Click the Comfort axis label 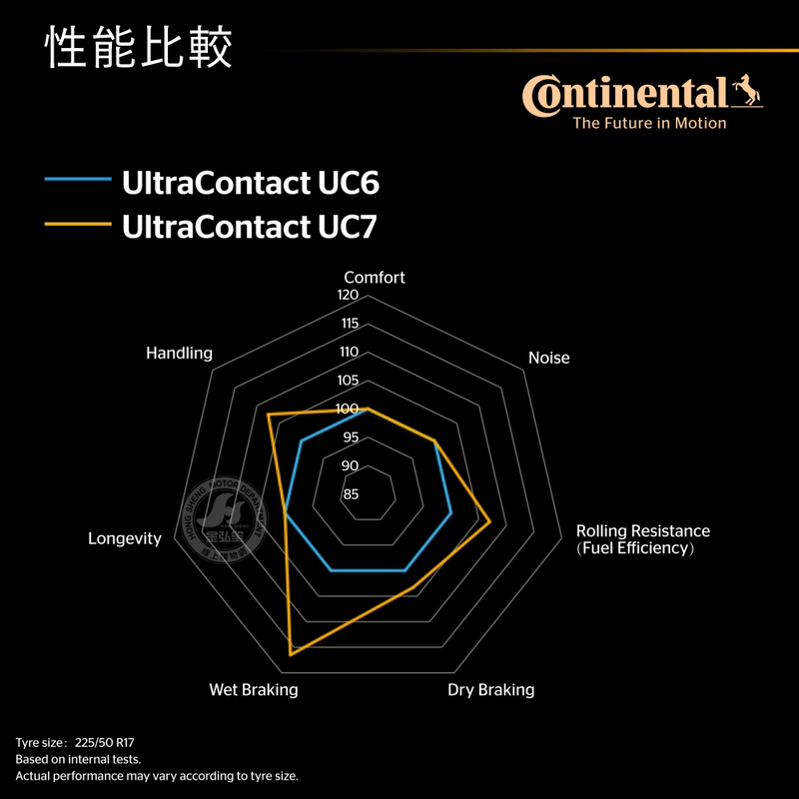[375, 278]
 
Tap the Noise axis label [548, 358]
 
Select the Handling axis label [179, 353]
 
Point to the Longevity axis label [125, 538]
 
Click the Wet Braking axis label [253, 690]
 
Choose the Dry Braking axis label [490, 690]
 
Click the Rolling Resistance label [642, 531]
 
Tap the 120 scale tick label [348, 296]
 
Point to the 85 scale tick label [350, 494]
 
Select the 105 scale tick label [348, 381]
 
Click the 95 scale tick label [350, 437]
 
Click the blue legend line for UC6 [77, 181]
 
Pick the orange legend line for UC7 [77, 226]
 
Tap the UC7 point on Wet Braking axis [291, 653]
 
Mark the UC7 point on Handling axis [268, 414]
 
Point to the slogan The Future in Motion [648, 124]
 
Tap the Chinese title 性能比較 [139, 48]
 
